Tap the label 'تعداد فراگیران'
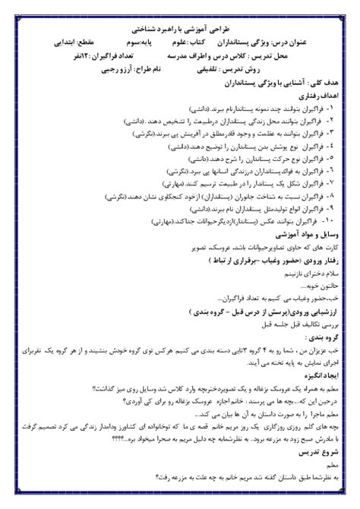(x=132, y=58)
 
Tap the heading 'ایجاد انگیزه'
(x=321, y=375)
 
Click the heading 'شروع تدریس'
(x=321, y=454)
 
